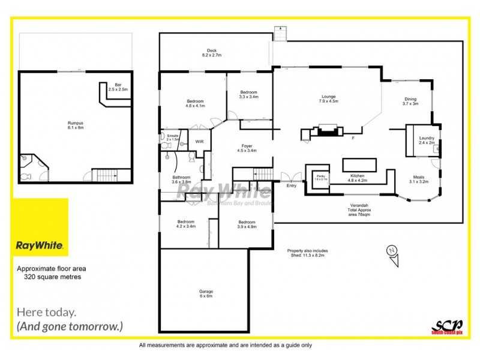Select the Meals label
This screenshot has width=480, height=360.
click(419, 179)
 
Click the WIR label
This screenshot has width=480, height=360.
click(199, 142)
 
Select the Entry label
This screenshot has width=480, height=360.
click(292, 186)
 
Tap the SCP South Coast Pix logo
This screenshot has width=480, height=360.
click(447, 324)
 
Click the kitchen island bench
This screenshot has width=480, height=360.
click(359, 165)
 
